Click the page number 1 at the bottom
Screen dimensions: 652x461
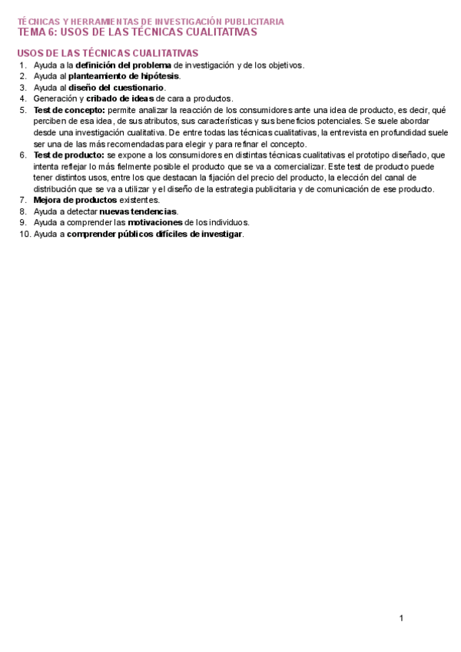(401, 618)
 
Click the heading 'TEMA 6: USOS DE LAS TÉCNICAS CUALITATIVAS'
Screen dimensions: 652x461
(138, 32)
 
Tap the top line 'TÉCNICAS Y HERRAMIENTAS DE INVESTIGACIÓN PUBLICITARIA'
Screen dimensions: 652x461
(151, 22)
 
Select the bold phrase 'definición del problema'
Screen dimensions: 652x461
(123, 65)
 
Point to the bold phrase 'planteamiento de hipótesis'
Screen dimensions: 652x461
(124, 76)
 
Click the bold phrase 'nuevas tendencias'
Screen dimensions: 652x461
(138, 211)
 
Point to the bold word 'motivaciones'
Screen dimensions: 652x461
(154, 222)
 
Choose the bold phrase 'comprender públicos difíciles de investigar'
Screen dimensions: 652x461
(154, 234)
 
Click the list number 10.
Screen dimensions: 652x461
(23, 234)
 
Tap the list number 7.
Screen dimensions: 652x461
(23, 200)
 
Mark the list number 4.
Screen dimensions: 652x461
(23, 98)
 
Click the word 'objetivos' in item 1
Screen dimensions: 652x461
(284, 65)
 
